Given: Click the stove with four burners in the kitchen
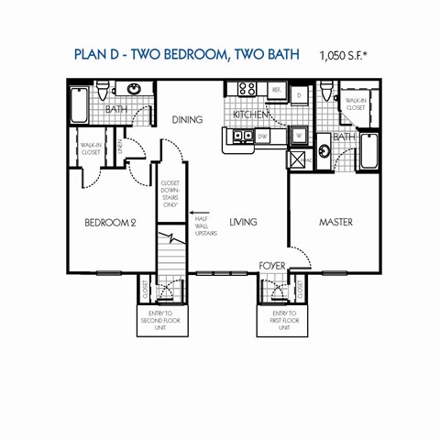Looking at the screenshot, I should (247, 90).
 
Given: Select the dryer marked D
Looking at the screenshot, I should (300, 94).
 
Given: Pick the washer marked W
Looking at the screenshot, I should (299, 136).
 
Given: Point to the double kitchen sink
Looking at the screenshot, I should (242, 137).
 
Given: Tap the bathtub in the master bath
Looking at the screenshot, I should (369, 150).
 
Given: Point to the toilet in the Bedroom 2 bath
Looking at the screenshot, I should (108, 89).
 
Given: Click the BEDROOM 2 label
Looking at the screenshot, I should (110, 223).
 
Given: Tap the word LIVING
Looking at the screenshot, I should (242, 222).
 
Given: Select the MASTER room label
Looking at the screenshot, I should (335, 222).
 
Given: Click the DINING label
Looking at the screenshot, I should (187, 119).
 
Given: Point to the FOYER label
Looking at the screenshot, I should (271, 266).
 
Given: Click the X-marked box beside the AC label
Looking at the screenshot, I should (298, 159).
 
